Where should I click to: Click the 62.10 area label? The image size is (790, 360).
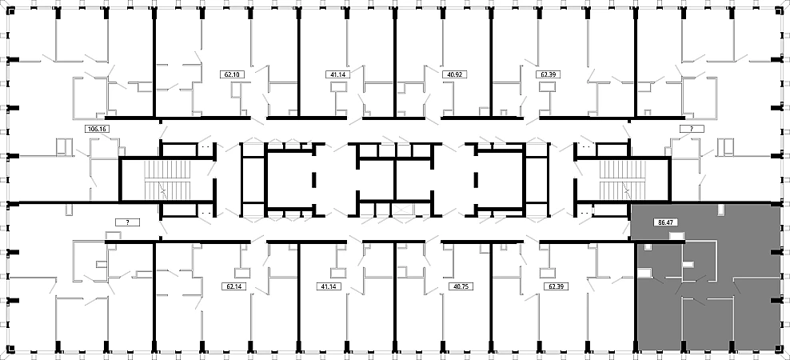click(232, 74)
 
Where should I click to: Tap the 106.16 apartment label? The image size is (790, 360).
click(98, 129)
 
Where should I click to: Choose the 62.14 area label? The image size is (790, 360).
click(233, 286)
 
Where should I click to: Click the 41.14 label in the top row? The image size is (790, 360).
click(337, 74)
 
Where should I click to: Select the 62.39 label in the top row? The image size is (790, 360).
click(548, 74)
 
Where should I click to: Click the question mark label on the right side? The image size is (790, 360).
click(692, 129)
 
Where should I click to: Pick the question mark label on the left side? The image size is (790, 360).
click(127, 222)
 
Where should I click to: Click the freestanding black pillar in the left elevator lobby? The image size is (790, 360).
click(314, 179)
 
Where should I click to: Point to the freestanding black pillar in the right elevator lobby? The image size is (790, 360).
click(476, 179)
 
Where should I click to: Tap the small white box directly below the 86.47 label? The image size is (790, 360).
click(676, 235)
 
